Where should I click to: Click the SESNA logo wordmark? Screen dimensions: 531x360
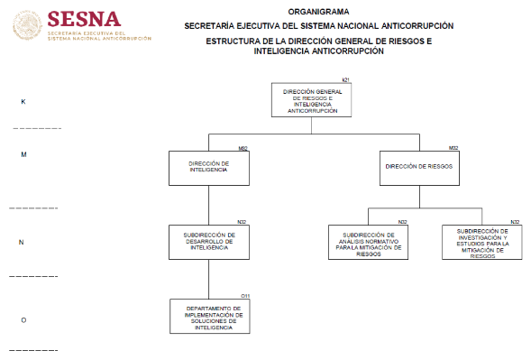84,19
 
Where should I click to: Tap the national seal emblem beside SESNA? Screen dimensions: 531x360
27,25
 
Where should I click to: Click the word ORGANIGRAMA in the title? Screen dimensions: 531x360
318,12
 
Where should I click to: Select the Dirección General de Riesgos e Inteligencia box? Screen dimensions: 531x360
312,100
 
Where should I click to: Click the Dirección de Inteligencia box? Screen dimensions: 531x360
209,168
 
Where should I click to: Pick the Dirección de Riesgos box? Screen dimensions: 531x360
419,168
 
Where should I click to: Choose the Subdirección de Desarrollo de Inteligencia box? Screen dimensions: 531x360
209,242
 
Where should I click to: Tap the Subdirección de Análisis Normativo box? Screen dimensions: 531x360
368,242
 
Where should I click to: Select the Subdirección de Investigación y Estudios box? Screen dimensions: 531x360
482,242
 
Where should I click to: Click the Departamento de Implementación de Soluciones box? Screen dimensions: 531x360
210,317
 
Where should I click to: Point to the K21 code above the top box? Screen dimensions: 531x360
346,80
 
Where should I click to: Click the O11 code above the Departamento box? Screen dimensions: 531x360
245,296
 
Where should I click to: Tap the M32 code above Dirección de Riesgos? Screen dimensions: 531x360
453,148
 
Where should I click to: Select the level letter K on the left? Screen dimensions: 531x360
23,102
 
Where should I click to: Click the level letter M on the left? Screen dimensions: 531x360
23,154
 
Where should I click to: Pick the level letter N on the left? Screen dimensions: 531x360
22,242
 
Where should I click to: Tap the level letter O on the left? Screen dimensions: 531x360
23,320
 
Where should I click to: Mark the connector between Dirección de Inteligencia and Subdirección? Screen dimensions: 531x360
208,206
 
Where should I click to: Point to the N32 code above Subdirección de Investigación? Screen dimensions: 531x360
515,222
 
